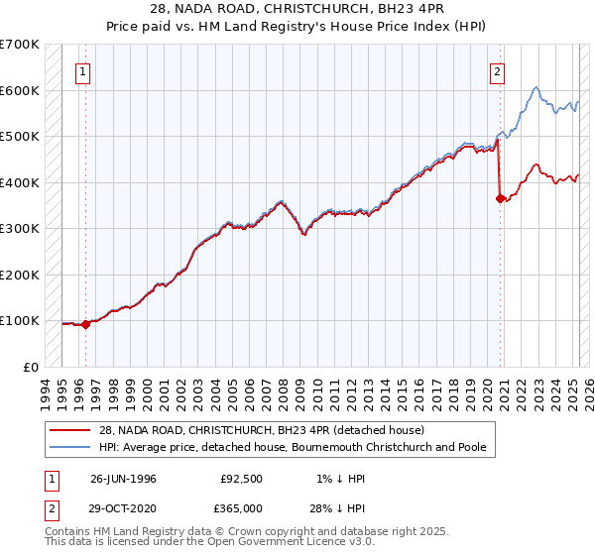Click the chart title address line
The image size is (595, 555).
click(x=297, y=9)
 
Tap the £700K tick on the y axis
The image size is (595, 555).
click(x=20, y=45)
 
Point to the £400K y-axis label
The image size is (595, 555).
click(x=20, y=182)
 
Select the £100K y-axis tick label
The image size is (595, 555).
click(x=20, y=320)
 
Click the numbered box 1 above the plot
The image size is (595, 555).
click(x=82, y=71)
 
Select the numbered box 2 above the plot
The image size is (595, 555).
click(x=496, y=71)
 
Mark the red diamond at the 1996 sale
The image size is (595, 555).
click(x=86, y=323)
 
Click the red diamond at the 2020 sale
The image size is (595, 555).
click(x=500, y=198)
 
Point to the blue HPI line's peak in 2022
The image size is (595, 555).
click(x=535, y=88)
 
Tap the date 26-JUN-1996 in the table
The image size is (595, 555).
click(x=123, y=479)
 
